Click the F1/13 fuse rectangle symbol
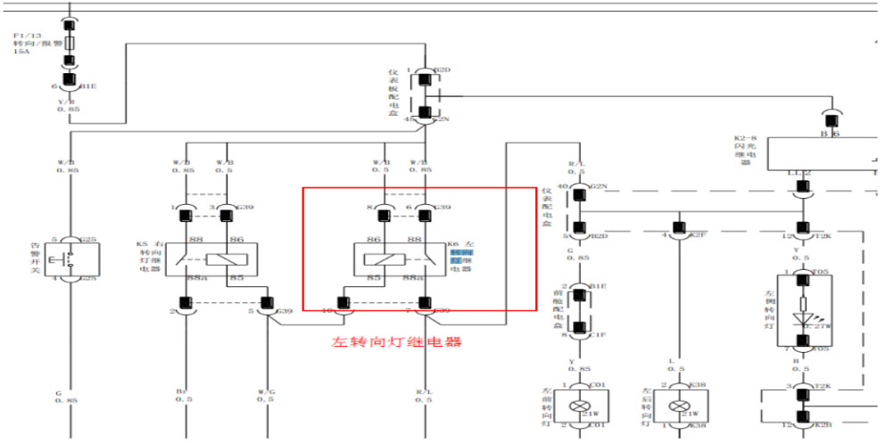click(69, 41)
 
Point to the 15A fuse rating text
click(21, 52)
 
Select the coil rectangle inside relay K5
click(223, 258)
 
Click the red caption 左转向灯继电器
click(397, 341)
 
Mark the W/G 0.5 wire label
click(266, 395)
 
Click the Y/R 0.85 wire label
click(70, 104)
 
